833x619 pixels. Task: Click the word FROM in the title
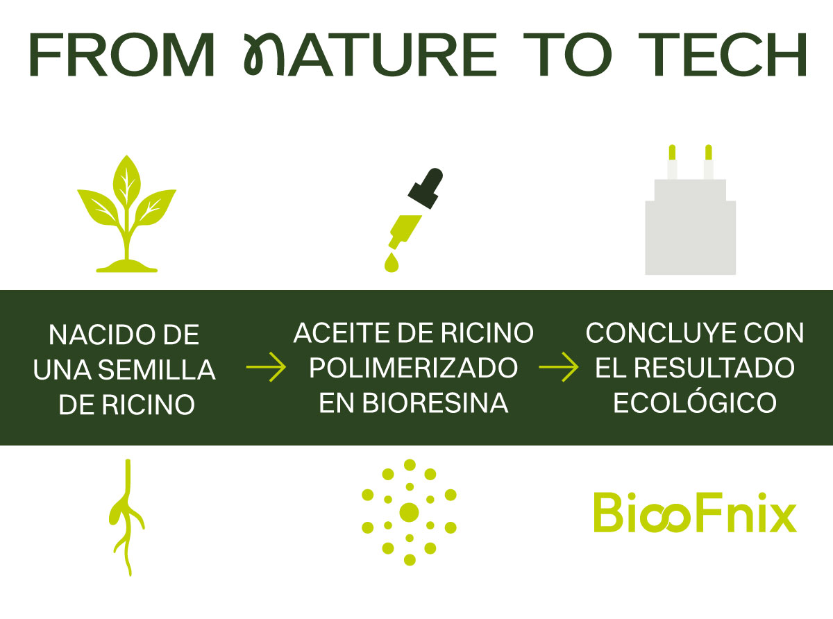click(122, 55)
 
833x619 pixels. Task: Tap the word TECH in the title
click(723, 55)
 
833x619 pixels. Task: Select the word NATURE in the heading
click(370, 55)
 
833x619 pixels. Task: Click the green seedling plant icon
click(126, 214)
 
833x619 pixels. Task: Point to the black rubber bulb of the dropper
click(426, 188)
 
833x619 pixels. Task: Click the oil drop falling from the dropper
click(392, 262)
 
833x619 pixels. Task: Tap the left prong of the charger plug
click(672, 162)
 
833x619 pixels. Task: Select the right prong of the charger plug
click(708, 162)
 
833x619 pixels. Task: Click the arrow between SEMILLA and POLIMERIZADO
click(266, 367)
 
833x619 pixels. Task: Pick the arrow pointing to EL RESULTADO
click(559, 367)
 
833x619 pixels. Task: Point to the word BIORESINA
click(435, 403)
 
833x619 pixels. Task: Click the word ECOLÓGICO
click(695, 402)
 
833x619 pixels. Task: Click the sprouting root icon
click(127, 518)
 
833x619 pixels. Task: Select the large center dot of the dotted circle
click(409, 512)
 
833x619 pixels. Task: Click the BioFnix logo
click(695, 512)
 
